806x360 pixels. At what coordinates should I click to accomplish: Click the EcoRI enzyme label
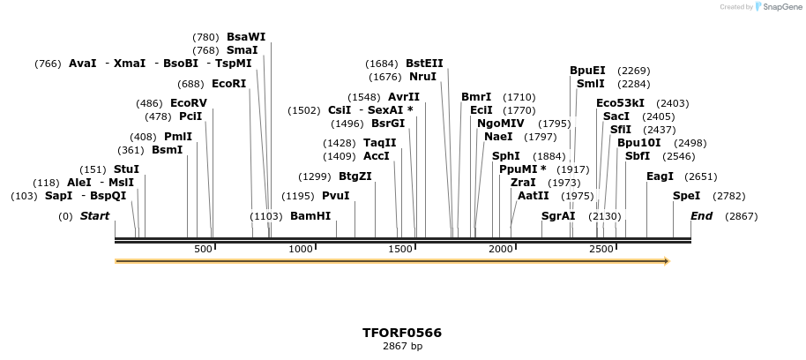coord(229,84)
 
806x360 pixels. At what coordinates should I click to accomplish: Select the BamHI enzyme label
coord(310,216)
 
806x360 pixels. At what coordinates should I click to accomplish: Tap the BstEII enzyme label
coord(424,64)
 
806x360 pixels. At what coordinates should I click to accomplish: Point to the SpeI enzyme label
coord(686,196)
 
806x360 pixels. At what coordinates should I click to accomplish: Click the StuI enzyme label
coord(126,169)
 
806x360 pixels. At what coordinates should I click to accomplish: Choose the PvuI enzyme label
coord(336,196)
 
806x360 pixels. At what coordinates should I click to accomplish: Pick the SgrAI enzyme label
coord(558,216)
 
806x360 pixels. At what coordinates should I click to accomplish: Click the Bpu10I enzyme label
coord(638,143)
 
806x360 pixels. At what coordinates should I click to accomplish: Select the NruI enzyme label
coord(422,77)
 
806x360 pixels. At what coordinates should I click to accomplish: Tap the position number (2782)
coord(728,196)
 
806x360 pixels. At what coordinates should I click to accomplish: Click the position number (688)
coord(190,84)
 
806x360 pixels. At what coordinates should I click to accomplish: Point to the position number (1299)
coord(314,176)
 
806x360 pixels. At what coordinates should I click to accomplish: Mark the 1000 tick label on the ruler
coord(301,250)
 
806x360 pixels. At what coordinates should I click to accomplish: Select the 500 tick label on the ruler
coord(203,250)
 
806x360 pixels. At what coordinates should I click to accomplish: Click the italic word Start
coord(95,216)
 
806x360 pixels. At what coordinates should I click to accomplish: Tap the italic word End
coord(701,216)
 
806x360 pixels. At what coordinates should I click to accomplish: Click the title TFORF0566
coord(402,333)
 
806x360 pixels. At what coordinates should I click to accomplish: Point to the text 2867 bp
coord(402,347)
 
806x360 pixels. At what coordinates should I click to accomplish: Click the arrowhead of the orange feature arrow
coord(666,261)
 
